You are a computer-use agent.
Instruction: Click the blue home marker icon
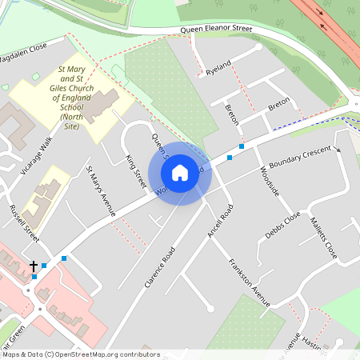(x=180, y=172)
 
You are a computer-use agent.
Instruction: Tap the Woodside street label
(x=270, y=181)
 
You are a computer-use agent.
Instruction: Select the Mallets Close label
(x=324, y=239)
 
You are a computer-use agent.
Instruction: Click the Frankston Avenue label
(x=249, y=282)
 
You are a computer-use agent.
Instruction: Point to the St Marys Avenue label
(x=102, y=191)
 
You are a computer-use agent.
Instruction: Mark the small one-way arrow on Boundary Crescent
(x=338, y=150)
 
